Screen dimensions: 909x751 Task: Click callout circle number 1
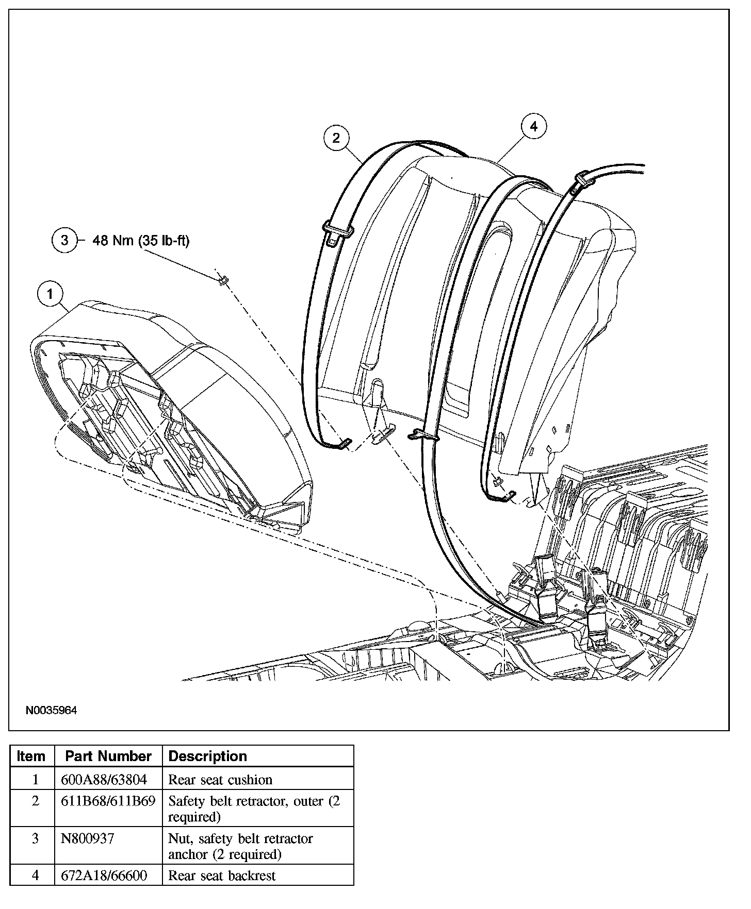click(50, 294)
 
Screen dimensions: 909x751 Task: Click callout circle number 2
click(336, 138)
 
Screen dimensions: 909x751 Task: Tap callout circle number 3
click(64, 240)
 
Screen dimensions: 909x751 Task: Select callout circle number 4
click(533, 126)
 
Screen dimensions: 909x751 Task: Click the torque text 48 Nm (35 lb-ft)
click(141, 240)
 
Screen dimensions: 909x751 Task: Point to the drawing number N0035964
click(52, 711)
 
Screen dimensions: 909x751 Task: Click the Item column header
click(31, 756)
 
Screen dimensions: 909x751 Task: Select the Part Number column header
click(108, 756)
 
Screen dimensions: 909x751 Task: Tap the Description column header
click(208, 756)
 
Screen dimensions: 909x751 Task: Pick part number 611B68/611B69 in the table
click(108, 802)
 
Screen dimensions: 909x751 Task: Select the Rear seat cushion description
click(220, 780)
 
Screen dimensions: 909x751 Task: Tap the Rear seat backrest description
click(222, 876)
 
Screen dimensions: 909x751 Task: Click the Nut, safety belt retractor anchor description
click(240, 846)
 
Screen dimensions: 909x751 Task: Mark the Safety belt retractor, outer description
click(254, 809)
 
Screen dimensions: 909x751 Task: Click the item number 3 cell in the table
click(35, 839)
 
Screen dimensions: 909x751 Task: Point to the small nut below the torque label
click(223, 280)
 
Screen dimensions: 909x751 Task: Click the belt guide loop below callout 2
click(338, 228)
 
